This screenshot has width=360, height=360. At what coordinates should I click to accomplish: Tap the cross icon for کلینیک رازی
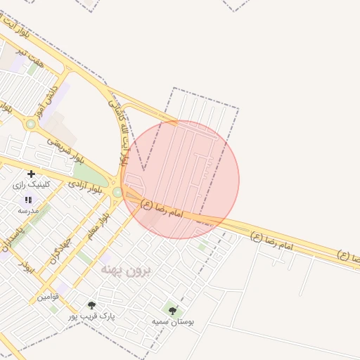pos(30,174)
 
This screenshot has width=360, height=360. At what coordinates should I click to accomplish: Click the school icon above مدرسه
pos(28,200)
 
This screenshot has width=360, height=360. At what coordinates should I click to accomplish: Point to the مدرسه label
pos(29,210)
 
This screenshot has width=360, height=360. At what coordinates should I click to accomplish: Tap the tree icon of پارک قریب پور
pos(91,305)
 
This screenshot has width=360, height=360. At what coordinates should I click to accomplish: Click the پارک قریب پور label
pos(91,317)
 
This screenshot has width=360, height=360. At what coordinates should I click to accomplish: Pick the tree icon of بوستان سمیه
pos(172,309)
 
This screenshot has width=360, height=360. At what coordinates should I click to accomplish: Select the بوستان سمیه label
pos(173,321)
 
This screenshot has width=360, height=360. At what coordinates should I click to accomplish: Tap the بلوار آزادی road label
pos(86,185)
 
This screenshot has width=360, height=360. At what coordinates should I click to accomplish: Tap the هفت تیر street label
pos(33,58)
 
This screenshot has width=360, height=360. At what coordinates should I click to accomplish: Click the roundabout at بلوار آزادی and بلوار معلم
pos(117,191)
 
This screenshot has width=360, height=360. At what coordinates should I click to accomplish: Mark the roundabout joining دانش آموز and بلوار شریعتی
pos(30,124)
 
